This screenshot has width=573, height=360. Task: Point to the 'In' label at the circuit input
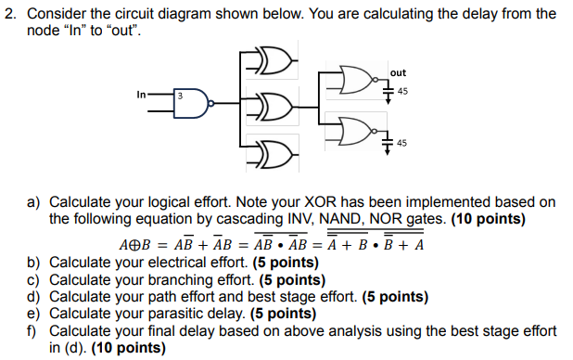141,94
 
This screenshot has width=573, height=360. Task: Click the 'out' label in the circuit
398,72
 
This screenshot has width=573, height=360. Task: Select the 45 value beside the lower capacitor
401,142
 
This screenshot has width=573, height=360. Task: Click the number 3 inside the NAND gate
182,96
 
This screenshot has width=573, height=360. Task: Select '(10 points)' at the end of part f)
129,348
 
